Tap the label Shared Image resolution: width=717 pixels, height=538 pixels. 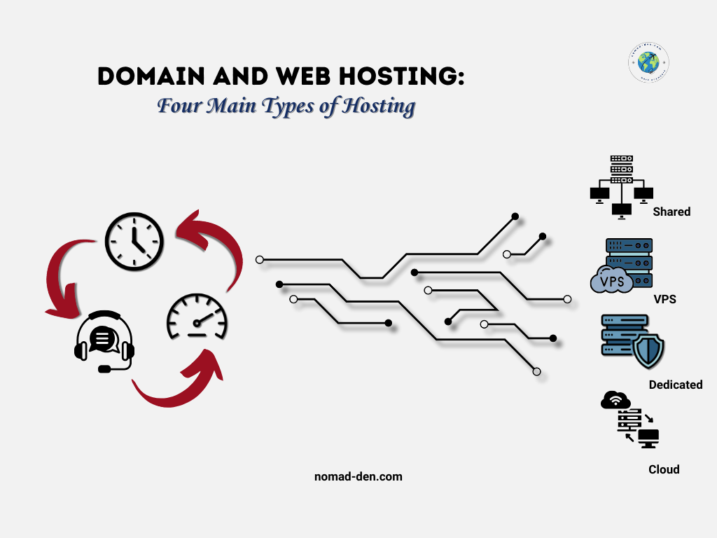point(671,212)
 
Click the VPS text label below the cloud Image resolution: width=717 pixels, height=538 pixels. point(664,299)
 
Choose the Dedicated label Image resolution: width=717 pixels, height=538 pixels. point(675,385)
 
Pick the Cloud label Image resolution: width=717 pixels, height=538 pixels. point(664,469)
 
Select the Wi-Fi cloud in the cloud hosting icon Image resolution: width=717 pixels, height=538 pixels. point(615,401)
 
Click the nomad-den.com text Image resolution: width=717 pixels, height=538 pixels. point(358,477)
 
